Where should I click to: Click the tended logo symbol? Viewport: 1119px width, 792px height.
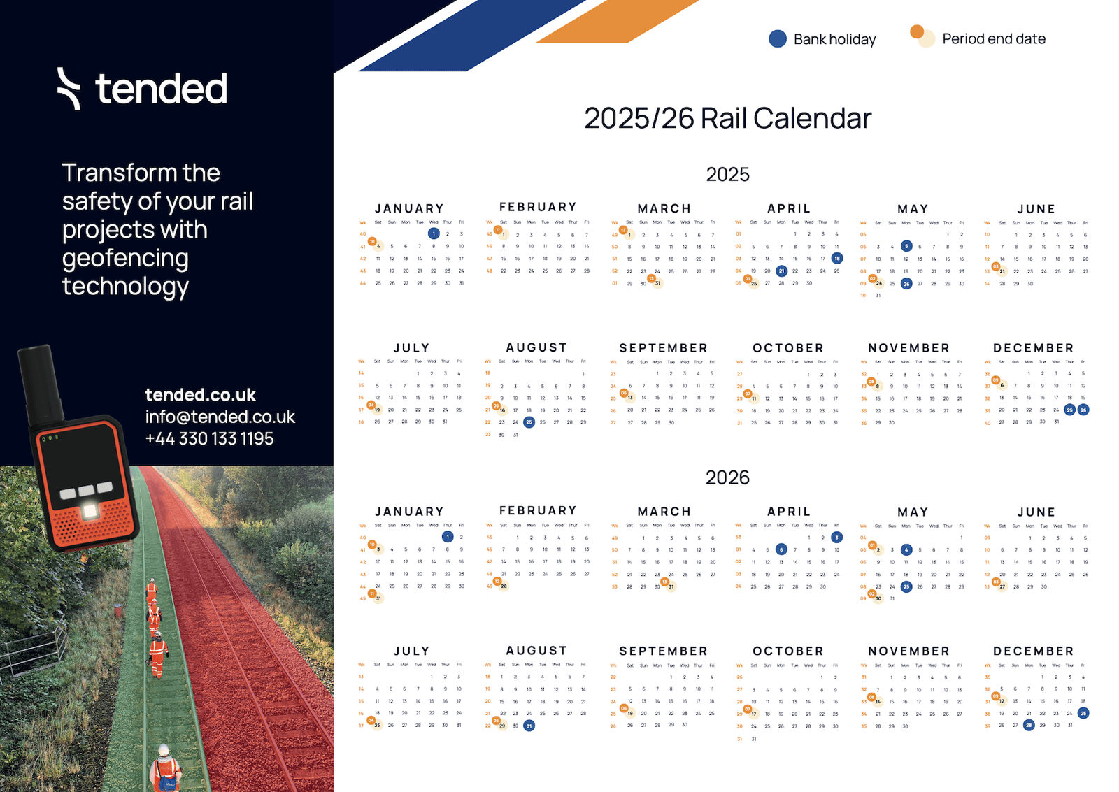click(x=69, y=89)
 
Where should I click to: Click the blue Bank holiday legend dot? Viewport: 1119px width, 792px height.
click(x=777, y=39)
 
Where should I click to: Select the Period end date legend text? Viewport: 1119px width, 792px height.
click(x=993, y=39)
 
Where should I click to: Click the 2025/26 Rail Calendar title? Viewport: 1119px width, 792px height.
click(x=727, y=118)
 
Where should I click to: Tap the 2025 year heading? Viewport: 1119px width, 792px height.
click(x=727, y=174)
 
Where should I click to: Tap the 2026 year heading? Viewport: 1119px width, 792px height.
click(x=727, y=477)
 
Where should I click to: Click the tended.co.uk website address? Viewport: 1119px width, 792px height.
click(x=200, y=395)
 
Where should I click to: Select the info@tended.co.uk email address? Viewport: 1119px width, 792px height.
click(x=220, y=417)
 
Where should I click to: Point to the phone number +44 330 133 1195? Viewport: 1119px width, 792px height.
click(x=209, y=439)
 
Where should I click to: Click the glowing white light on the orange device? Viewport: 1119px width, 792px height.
click(x=90, y=511)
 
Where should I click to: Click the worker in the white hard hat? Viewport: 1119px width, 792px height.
click(x=164, y=765)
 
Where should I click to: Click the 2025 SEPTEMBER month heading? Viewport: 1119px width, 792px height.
click(x=663, y=348)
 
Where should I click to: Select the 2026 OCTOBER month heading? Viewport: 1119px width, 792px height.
click(x=788, y=651)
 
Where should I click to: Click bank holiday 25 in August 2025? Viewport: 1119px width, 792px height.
click(x=529, y=422)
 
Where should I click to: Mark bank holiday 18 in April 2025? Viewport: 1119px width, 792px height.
click(x=836, y=259)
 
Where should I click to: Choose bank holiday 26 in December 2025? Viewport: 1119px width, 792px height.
click(x=1083, y=410)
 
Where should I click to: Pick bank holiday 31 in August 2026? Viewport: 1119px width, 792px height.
click(x=529, y=726)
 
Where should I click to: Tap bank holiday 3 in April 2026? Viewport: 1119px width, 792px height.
click(x=836, y=538)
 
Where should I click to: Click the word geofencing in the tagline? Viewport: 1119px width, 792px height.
click(x=125, y=258)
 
